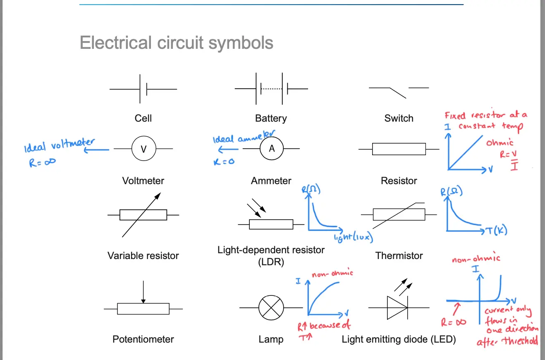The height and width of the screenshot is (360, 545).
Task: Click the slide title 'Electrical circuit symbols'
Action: (176, 43)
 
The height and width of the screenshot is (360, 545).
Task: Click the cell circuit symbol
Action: (143, 89)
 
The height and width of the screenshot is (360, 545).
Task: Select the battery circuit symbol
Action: (271, 89)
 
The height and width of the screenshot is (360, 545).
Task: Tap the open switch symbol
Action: (399, 91)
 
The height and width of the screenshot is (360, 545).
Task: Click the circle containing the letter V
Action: (143, 149)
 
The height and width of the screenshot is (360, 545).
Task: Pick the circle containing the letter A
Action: (271, 149)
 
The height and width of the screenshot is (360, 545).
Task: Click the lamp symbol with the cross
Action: (271, 308)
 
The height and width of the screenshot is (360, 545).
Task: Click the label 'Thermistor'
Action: (399, 256)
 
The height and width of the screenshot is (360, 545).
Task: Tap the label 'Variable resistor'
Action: (143, 256)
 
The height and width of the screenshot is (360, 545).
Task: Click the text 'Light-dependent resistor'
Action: (271, 250)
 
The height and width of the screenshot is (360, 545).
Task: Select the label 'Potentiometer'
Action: (143, 339)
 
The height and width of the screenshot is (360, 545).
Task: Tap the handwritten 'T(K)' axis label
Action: (497, 230)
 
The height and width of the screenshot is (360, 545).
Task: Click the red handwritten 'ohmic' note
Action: (500, 143)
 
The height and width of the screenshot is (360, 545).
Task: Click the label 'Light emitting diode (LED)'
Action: (399, 339)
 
